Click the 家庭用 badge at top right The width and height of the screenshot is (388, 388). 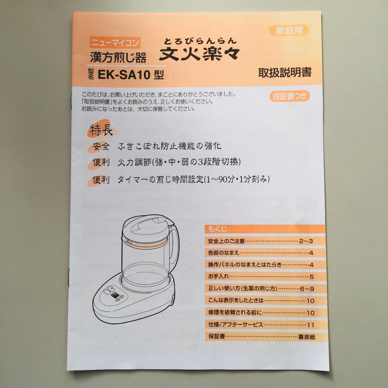tap(289, 31)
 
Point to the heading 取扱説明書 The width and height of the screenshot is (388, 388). tap(285, 73)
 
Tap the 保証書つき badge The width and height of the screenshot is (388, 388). tap(290, 96)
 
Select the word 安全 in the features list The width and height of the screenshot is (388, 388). tap(101, 146)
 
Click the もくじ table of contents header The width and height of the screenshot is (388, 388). tap(218, 229)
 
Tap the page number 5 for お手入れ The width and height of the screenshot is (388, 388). tap(311, 277)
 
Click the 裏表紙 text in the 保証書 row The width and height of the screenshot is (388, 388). tap(306, 337)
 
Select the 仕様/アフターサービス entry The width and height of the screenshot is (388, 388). tap(236, 325)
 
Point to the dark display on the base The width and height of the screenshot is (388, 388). tap(116, 296)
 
